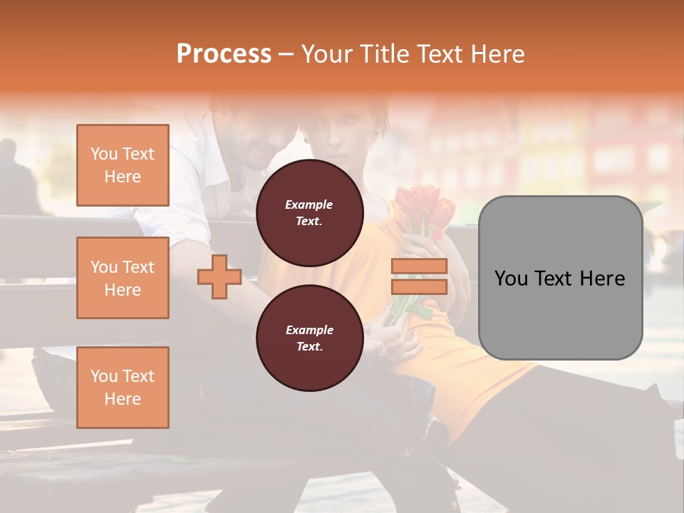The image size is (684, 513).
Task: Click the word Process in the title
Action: [224, 54]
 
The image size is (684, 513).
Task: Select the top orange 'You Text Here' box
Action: [123, 165]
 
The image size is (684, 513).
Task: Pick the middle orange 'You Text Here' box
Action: [123, 278]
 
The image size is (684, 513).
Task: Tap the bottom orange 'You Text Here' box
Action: [123, 388]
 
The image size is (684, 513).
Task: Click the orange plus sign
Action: [219, 277]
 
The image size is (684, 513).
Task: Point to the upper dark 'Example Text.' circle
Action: [309, 213]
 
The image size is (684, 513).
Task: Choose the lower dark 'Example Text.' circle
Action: [309, 338]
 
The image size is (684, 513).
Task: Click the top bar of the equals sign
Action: [419, 266]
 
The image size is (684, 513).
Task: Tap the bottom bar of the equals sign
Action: [419, 286]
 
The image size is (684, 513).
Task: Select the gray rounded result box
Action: [560, 278]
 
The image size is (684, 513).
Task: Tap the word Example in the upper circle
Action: [309, 204]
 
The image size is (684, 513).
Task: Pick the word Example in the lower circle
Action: [309, 330]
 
